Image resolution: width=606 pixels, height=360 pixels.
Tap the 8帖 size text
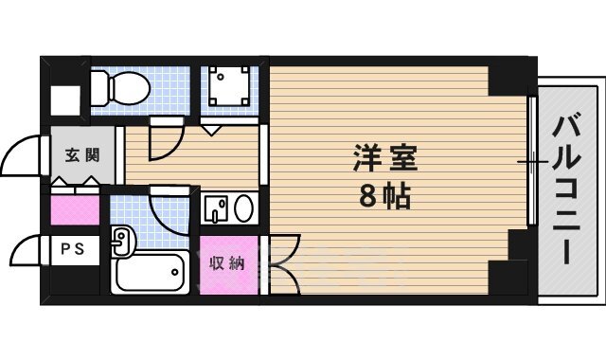click(x=384, y=198)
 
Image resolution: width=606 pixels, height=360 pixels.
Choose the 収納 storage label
click(x=227, y=263)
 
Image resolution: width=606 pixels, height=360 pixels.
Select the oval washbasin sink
click(x=243, y=207)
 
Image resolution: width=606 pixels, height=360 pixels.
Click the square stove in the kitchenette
click(x=230, y=85)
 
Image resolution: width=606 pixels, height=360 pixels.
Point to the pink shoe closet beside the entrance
click(x=73, y=208)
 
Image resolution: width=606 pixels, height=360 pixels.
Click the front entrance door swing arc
click(x=21, y=156)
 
